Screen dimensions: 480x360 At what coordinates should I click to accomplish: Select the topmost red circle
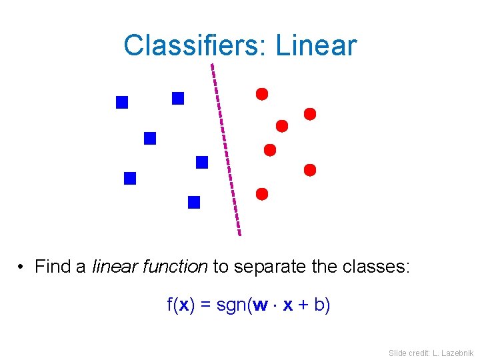[262, 94]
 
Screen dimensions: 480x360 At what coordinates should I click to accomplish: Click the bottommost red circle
[262, 194]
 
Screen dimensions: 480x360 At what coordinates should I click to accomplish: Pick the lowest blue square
[194, 202]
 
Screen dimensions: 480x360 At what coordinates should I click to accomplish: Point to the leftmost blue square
[122, 102]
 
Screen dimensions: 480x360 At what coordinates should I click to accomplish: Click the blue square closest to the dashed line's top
[178, 98]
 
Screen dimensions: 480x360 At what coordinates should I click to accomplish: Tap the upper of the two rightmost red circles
[310, 114]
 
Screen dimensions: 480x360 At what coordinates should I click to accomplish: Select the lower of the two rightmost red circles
[310, 170]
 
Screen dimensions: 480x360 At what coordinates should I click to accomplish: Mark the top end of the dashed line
[212, 65]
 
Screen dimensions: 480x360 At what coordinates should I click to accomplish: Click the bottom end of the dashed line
[239, 234]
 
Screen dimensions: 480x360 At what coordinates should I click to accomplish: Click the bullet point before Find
[22, 268]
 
